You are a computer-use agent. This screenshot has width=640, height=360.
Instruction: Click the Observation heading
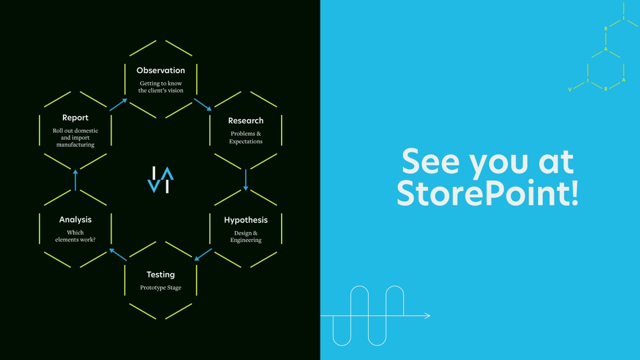[161, 70]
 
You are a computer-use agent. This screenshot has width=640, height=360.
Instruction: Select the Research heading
[246, 121]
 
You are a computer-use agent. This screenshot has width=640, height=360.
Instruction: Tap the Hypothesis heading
[246, 220]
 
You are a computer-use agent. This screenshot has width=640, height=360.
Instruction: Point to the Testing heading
[161, 275]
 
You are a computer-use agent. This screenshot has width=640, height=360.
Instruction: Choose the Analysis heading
[75, 220]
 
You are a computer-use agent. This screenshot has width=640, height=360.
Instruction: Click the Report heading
[75, 118]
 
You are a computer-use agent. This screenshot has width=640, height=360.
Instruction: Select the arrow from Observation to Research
[202, 104]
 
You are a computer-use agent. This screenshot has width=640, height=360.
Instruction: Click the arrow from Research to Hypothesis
[246, 180]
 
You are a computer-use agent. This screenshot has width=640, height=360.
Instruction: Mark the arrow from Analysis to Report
[75, 180]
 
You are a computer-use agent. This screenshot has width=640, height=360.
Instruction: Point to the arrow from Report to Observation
[118, 104]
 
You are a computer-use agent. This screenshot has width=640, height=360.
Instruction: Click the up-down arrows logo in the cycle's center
[161, 179]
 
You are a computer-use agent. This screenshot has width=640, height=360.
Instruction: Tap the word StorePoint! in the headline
[487, 195]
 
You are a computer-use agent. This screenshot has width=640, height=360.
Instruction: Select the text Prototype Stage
[161, 288]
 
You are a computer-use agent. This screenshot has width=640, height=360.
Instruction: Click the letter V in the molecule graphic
[570, 90]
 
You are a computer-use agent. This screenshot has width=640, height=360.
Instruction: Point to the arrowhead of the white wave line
[427, 316]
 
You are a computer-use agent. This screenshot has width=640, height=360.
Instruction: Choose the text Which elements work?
[75, 236]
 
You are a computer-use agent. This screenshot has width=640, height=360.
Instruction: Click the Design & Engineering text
[246, 236]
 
